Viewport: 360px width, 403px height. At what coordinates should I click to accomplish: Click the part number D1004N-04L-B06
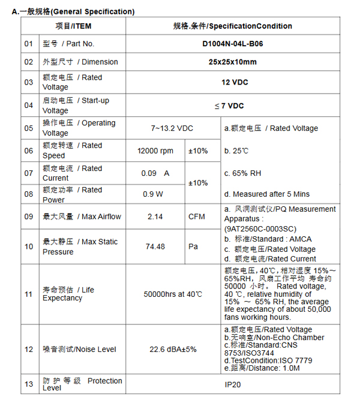232,44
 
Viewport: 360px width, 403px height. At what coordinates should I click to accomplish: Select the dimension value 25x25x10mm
232,62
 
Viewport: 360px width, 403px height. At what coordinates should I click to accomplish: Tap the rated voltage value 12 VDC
235,82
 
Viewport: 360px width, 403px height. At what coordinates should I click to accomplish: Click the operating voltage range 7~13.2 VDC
172,128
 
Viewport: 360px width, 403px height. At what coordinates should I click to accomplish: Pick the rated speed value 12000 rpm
155,151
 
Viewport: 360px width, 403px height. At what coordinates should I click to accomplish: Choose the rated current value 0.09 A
155,173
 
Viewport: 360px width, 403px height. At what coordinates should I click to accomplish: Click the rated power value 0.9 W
152,194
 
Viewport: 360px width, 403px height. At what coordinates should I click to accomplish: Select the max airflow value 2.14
155,216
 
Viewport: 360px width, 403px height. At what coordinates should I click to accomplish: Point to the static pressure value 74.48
155,246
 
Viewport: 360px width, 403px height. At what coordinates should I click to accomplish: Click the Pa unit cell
193,246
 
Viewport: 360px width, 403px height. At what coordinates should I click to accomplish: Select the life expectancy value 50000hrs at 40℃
173,294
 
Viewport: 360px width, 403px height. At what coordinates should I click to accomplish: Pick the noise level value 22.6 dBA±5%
173,350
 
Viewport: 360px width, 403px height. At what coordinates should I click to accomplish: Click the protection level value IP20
232,384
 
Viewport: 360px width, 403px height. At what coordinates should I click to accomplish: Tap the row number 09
29,216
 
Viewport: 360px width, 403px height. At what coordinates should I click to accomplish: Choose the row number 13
29,384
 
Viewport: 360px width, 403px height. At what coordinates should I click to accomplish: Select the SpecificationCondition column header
232,26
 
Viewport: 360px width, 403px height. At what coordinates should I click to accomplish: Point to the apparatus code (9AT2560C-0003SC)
260,229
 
